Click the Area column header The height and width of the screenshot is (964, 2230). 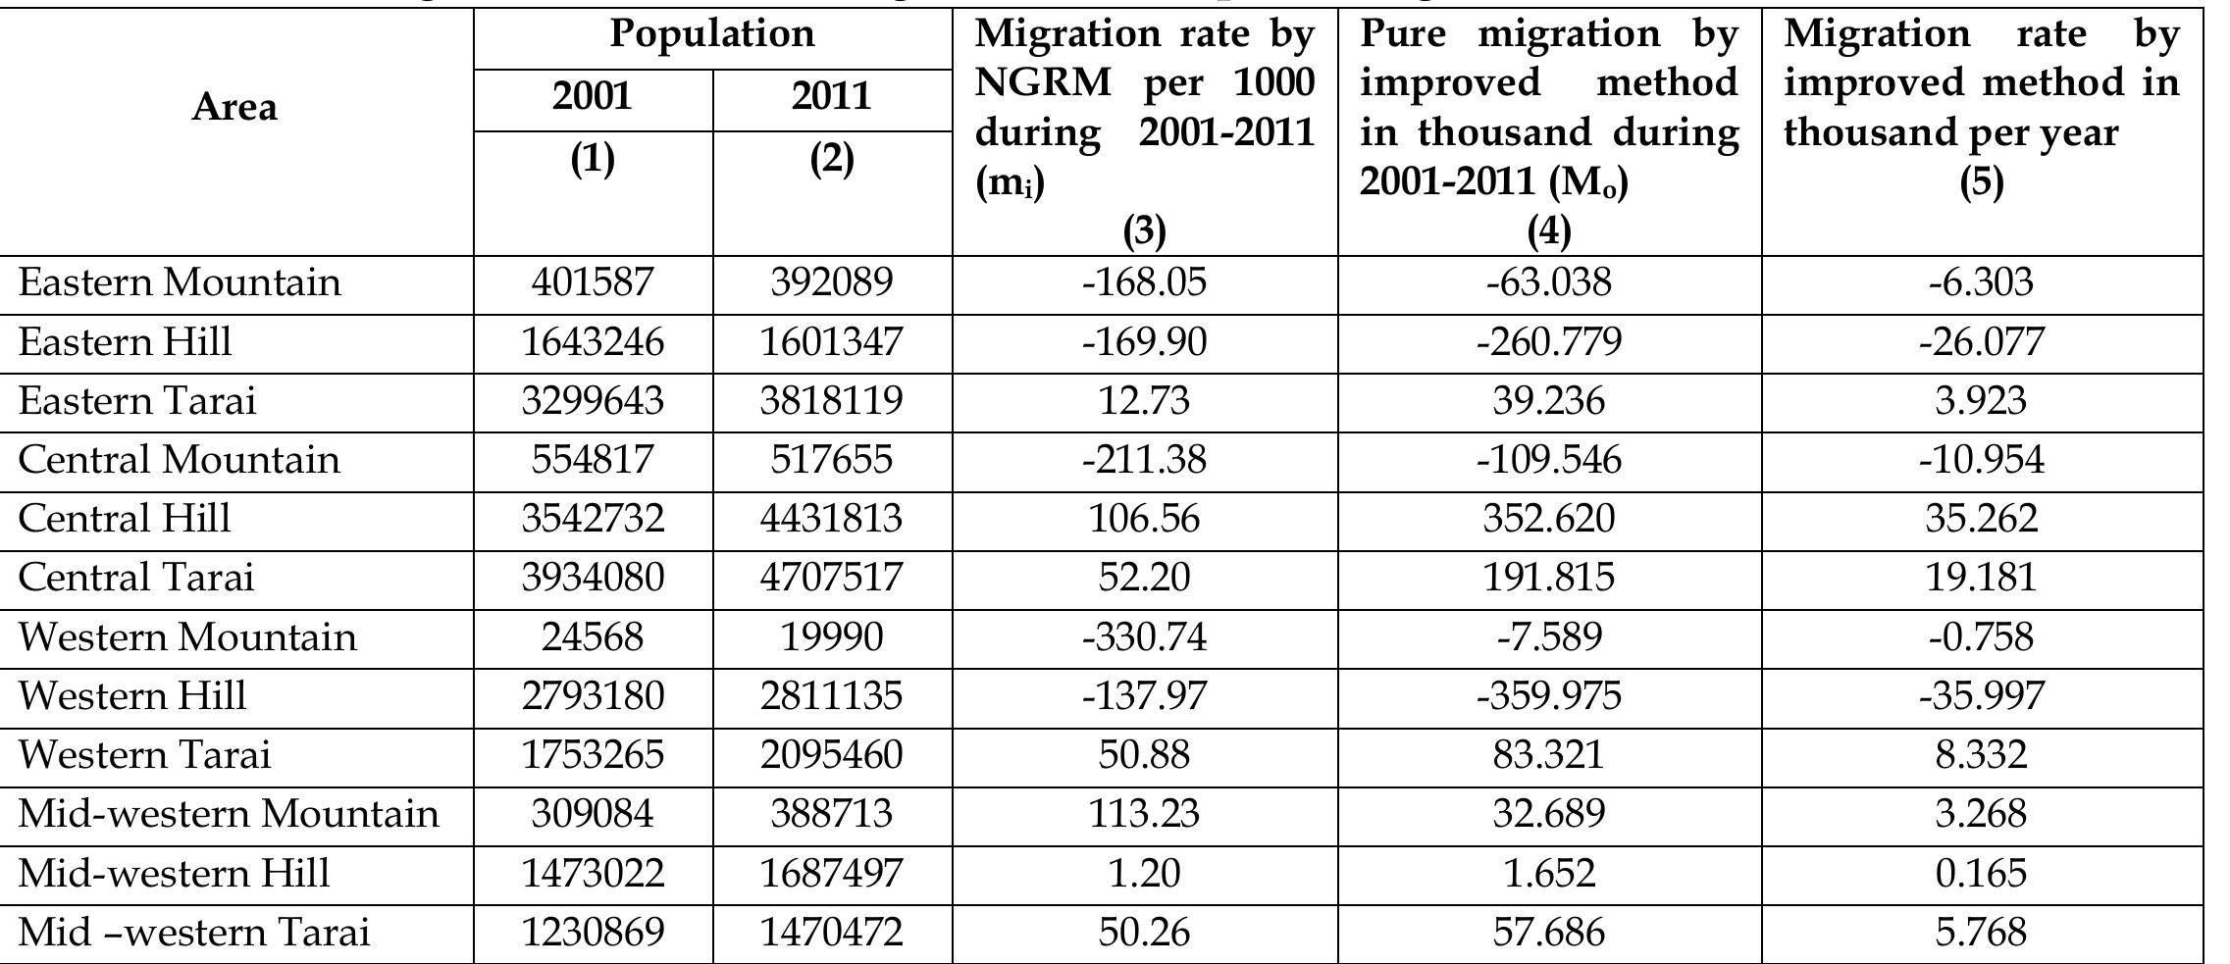tap(234, 107)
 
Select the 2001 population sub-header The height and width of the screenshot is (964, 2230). tap(592, 96)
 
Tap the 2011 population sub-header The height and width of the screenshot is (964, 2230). tap(831, 96)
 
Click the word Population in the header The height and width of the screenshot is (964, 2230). tap(712, 33)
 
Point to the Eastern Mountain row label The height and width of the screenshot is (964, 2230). tap(180, 282)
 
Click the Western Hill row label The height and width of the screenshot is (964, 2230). tap(132, 695)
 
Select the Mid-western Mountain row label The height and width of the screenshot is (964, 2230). tap(229, 814)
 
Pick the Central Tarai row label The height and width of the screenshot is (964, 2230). tap(136, 577)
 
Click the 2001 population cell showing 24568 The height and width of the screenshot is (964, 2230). tap(592, 637)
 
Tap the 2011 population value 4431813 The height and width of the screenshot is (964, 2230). tap(831, 519)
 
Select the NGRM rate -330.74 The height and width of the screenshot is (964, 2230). tap(1144, 637)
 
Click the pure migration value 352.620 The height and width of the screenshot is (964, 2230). tap(1549, 519)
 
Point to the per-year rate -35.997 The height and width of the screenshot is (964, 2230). tap(1981, 696)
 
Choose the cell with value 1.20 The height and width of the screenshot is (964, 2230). tap(1144, 873)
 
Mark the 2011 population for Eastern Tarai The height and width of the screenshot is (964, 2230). tap(831, 401)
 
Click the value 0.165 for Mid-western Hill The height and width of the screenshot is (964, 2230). tap(1981, 873)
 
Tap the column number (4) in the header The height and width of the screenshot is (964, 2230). tap(1549, 231)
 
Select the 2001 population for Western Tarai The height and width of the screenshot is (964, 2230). tap(592, 755)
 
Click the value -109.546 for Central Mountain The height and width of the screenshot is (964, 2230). tap(1549, 460)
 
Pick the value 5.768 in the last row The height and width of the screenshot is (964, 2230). tap(1981, 932)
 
